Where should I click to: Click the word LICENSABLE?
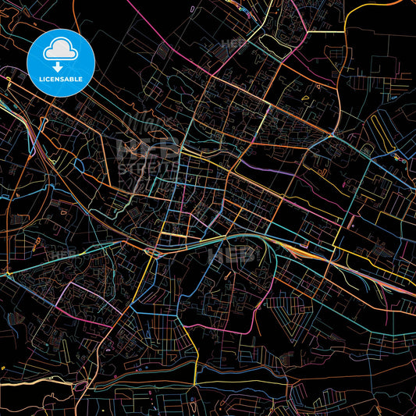point(61,80)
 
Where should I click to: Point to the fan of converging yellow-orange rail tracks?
point(300,248)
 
